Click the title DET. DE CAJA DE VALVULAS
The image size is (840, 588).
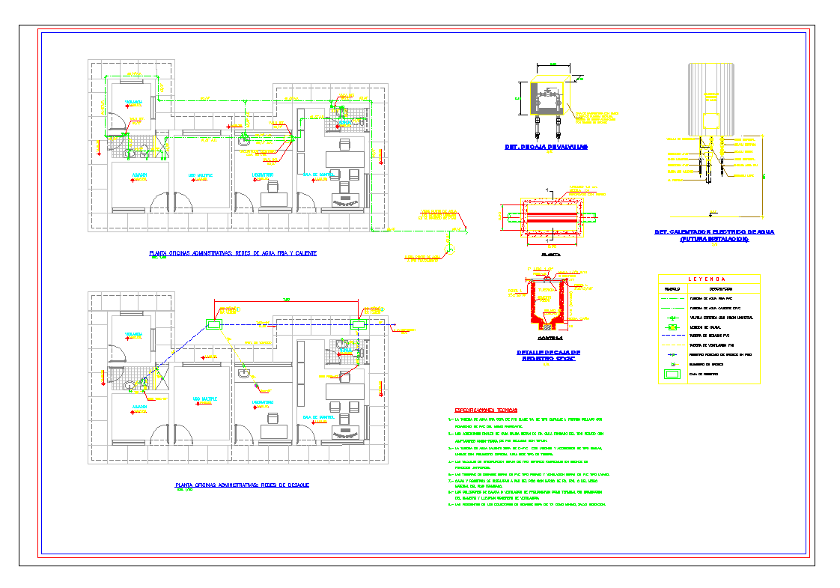(x=546, y=148)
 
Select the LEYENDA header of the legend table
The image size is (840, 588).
(x=709, y=279)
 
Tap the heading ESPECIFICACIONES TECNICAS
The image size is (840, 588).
(x=487, y=410)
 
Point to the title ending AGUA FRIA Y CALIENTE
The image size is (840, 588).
(x=233, y=254)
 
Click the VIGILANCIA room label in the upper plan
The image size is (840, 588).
(x=134, y=101)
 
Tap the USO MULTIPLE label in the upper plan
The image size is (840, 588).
(x=201, y=175)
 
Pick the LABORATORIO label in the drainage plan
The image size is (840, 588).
(x=263, y=402)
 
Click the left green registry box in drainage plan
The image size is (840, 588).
(x=214, y=324)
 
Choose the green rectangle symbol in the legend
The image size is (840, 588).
(x=672, y=373)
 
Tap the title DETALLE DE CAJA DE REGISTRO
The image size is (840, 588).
(x=549, y=355)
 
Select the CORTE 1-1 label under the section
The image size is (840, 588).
(x=550, y=338)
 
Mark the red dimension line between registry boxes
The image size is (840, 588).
(x=287, y=303)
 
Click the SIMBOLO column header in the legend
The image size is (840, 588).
(x=672, y=288)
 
